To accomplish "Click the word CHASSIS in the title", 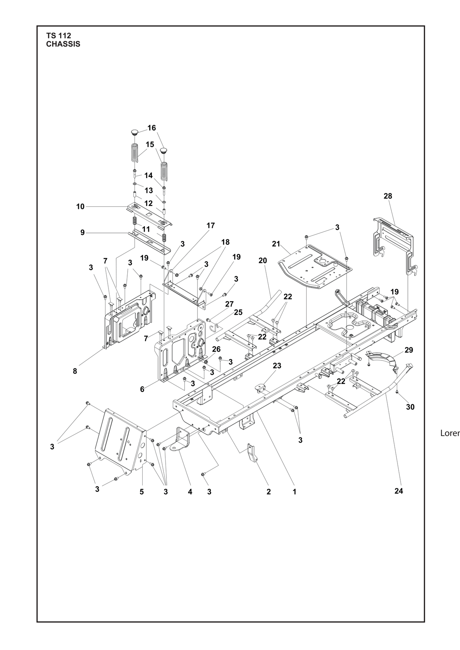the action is point(63,44).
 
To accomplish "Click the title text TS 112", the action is point(58,36).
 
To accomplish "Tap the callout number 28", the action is point(388,196).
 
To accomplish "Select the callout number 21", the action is point(276,244).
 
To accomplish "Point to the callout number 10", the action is point(80,206).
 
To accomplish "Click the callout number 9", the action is point(82,233).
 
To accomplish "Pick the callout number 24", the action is point(399,491).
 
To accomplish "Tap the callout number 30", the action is point(410,407).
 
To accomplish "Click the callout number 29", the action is point(409,350).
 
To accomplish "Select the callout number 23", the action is point(277,366).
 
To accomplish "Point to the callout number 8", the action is point(75,371).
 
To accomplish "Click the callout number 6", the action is point(142,390).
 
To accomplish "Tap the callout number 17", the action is point(210,226).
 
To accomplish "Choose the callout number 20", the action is point(263,260).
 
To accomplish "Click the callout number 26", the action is point(216,349).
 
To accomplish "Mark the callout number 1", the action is point(294,492).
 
